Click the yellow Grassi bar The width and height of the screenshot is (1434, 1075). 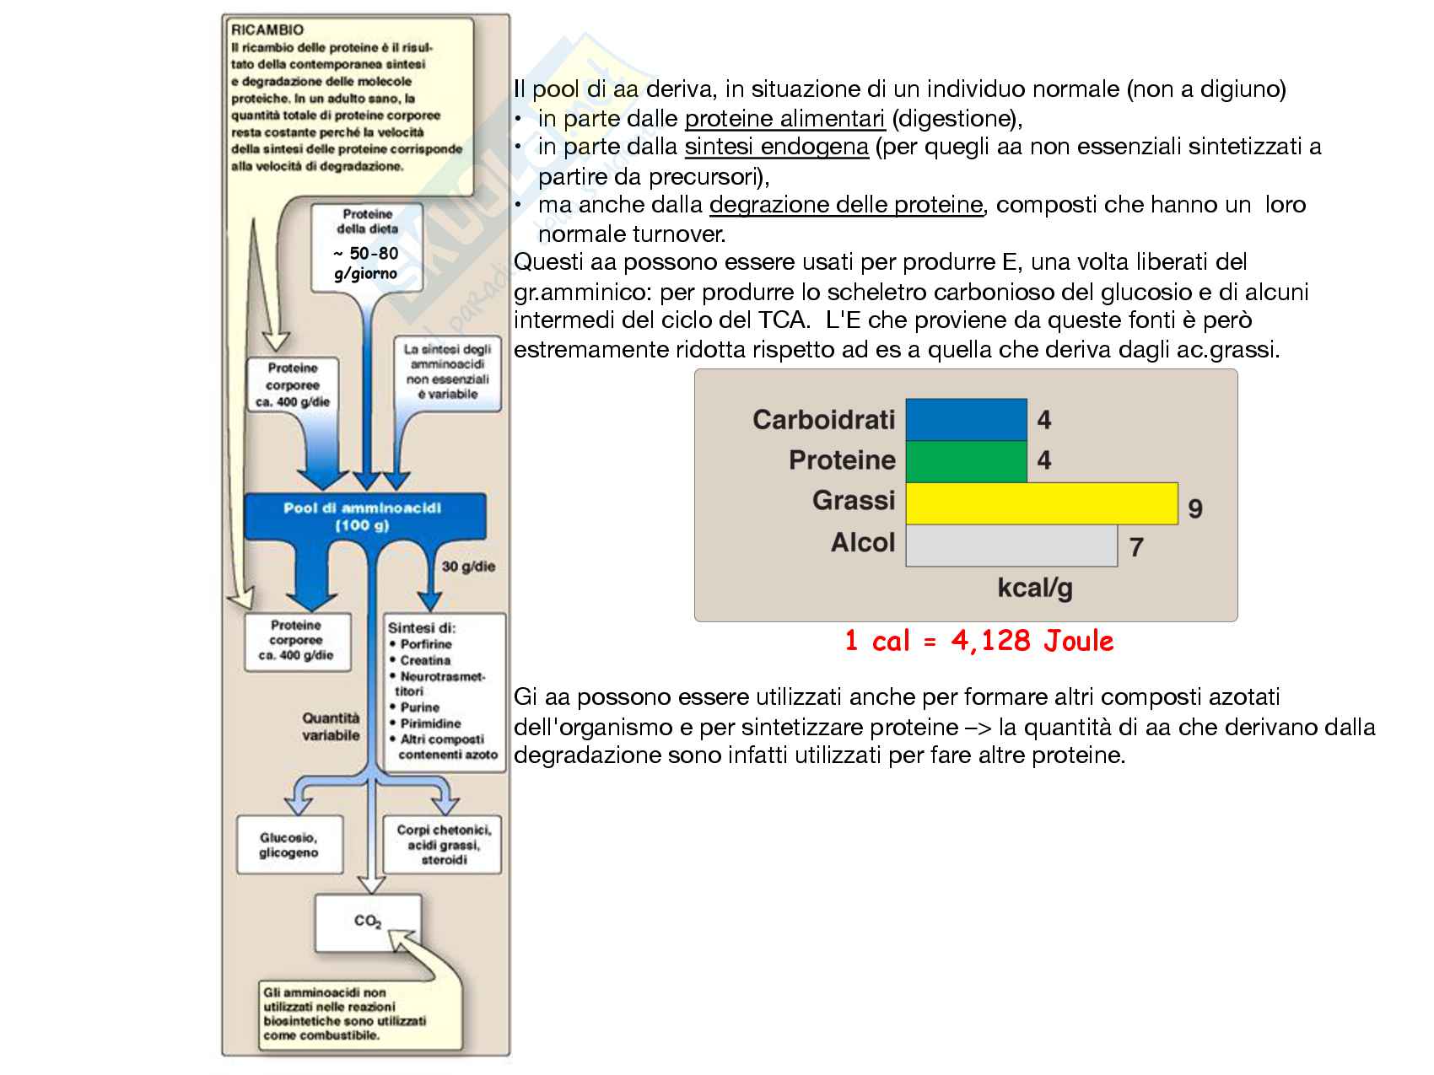(x=1041, y=503)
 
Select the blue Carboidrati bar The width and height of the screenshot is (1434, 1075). (x=966, y=419)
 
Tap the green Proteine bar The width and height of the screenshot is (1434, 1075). (x=966, y=460)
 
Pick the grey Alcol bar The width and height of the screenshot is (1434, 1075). (x=1011, y=545)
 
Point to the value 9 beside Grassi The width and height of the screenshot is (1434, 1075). (x=1194, y=508)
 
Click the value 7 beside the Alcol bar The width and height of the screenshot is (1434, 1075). (x=1136, y=547)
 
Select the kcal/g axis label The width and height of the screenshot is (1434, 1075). (x=1034, y=587)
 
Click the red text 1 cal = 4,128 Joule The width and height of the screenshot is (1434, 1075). (x=978, y=641)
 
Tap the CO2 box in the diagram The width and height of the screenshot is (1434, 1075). (x=368, y=922)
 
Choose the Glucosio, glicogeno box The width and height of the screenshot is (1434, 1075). (x=289, y=845)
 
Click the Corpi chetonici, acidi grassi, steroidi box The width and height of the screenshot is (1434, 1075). (x=443, y=844)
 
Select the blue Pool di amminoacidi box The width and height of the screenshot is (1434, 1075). (x=364, y=516)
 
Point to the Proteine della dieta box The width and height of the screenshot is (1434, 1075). (x=367, y=245)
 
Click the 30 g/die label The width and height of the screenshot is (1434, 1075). (x=468, y=567)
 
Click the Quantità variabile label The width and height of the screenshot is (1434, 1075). (x=331, y=727)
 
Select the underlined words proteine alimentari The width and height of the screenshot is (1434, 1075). (x=784, y=119)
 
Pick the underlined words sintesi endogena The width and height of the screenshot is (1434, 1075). (x=776, y=148)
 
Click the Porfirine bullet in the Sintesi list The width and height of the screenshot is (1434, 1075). (x=425, y=644)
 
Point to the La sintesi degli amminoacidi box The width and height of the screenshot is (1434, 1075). (x=447, y=371)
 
